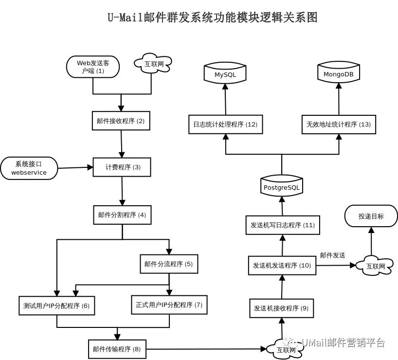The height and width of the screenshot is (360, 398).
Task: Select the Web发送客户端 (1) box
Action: (92, 67)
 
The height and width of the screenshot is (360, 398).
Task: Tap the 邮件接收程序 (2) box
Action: (121, 121)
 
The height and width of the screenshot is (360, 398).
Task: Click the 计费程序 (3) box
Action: (122, 167)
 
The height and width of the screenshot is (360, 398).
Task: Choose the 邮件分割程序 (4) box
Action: (122, 215)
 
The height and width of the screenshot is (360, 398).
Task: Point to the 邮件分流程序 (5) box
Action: (169, 264)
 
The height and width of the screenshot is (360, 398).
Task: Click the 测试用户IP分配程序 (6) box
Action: (56, 306)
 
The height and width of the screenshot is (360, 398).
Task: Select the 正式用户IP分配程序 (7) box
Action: (169, 305)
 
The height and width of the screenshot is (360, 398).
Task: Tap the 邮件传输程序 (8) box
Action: (117, 349)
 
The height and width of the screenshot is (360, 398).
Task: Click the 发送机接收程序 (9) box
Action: (281, 308)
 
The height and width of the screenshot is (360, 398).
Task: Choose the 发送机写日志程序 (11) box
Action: (282, 225)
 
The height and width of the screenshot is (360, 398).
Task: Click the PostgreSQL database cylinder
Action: (282, 186)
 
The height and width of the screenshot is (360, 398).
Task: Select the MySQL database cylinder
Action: (225, 73)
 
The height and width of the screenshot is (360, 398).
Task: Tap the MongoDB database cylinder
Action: (338, 73)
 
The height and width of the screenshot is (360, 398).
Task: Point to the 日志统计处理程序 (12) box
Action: (225, 125)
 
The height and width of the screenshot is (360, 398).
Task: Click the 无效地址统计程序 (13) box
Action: (338, 125)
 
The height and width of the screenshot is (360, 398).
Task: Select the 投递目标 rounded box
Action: (371, 216)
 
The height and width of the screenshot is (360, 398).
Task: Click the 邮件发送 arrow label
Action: (332, 255)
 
